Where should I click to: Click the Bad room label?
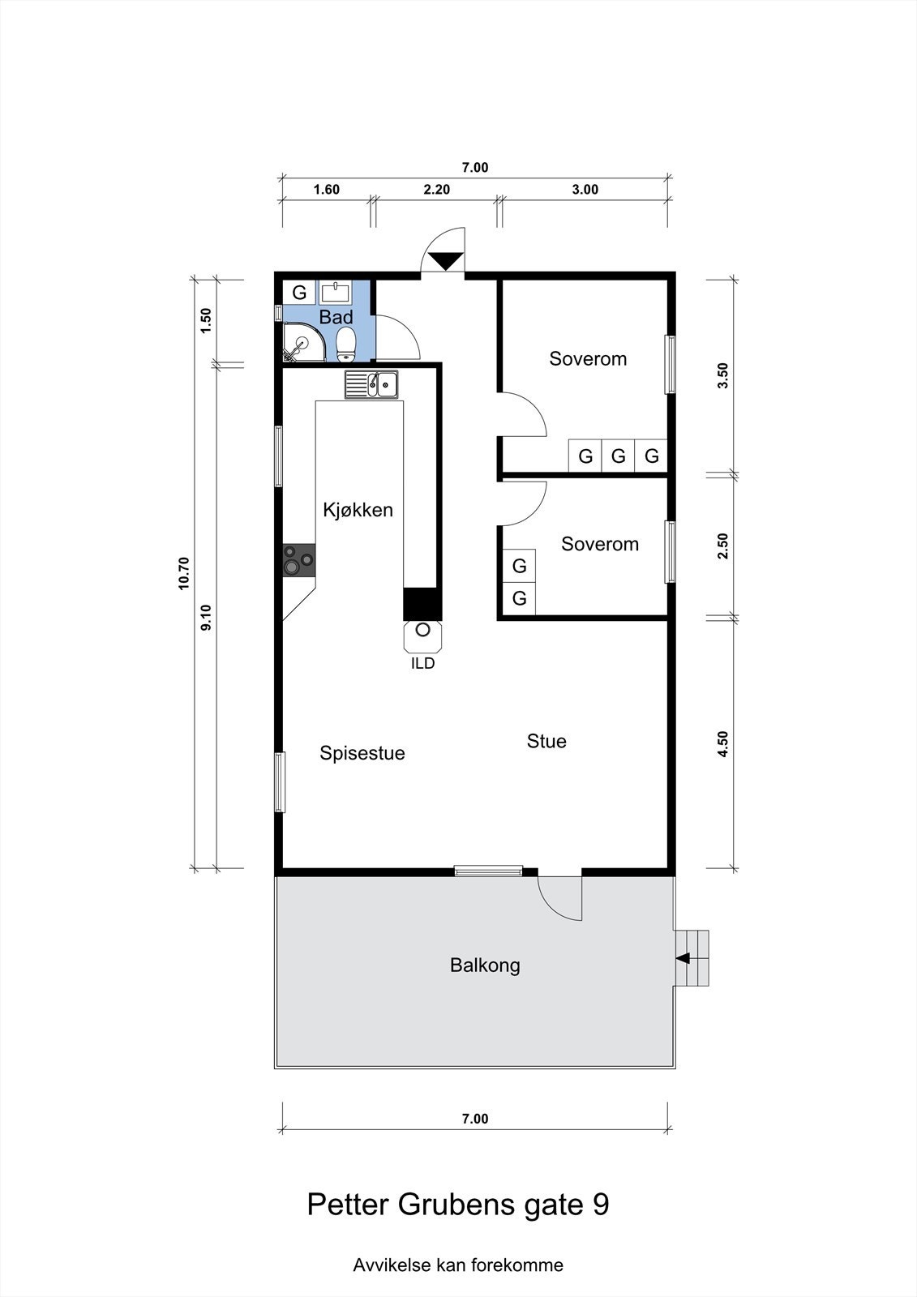336,317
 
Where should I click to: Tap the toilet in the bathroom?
346,343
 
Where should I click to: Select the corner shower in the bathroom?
303,342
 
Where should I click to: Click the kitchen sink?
371,384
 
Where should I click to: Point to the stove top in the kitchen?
299,560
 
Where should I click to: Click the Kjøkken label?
358,510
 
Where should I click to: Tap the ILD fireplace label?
423,663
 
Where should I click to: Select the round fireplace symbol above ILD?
423,629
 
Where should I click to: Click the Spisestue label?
362,753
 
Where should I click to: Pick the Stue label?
546,741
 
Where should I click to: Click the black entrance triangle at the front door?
445,261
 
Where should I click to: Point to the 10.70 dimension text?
184,573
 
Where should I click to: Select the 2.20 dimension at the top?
437,190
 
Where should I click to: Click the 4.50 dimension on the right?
722,744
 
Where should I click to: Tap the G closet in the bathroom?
299,293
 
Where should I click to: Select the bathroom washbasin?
336,292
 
